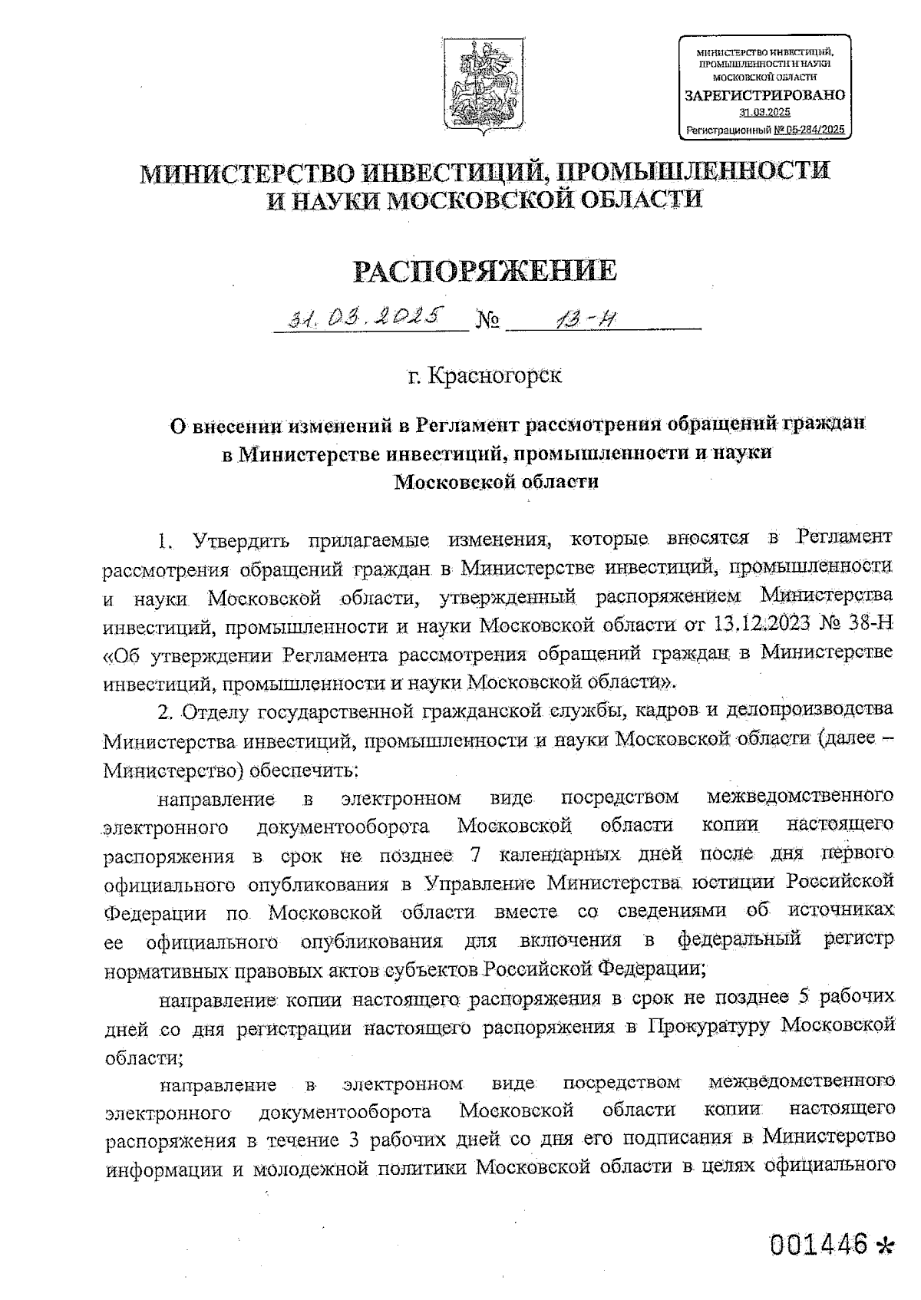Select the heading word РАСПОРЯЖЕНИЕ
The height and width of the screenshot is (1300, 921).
pyautogui.click(x=484, y=271)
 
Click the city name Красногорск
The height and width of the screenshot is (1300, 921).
pyautogui.click(x=495, y=376)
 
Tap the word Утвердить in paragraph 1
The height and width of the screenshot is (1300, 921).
pyautogui.click(x=242, y=539)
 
